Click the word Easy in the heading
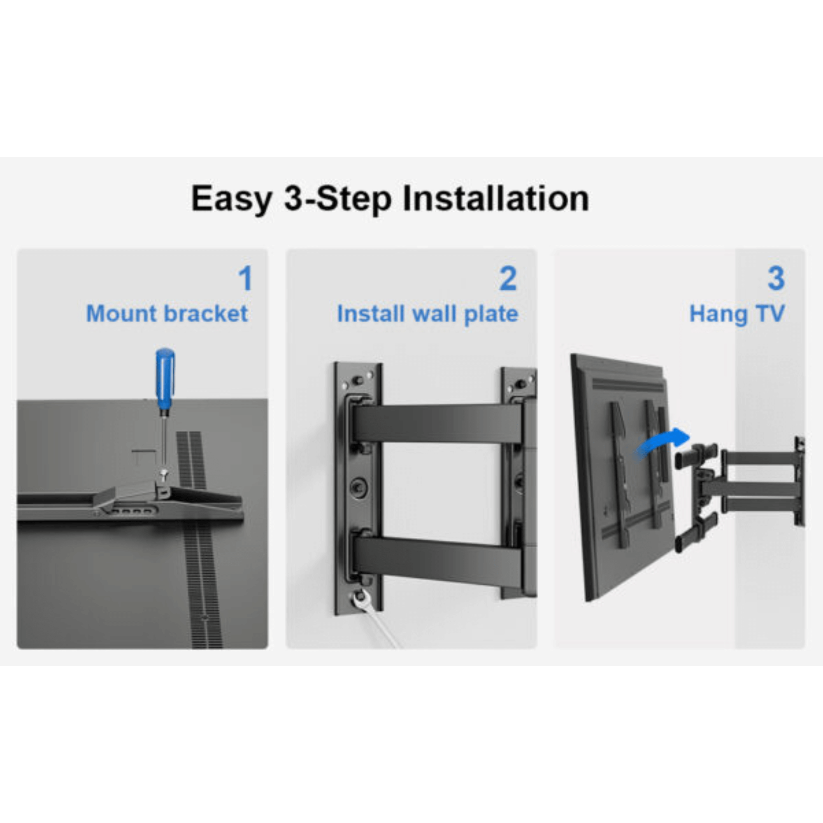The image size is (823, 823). (231, 199)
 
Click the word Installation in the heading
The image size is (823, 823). (496, 199)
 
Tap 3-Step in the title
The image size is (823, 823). (338, 199)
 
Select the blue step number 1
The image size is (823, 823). (245, 279)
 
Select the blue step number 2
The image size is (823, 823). (508, 279)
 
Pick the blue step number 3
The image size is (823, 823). (776, 279)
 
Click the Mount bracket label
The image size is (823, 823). (167, 314)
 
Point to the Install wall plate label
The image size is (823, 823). (427, 314)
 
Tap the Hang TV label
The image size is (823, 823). (737, 314)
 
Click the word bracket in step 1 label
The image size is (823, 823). (206, 314)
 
